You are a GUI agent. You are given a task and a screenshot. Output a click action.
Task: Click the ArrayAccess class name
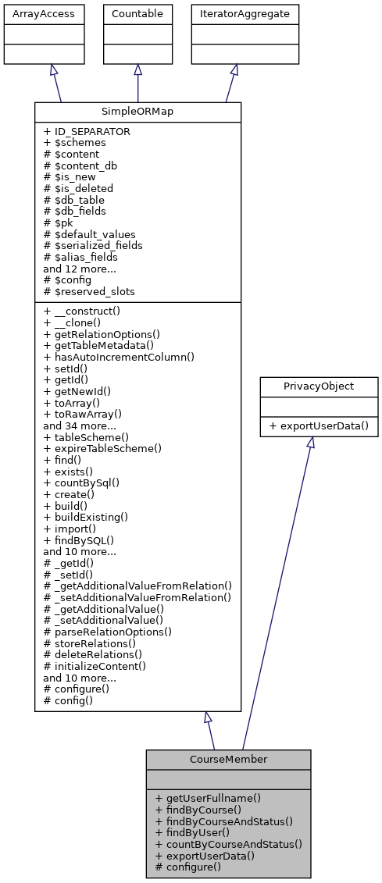34,14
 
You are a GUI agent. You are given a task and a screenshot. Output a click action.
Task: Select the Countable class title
137,14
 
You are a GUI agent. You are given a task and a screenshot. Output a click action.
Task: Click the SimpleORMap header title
137,112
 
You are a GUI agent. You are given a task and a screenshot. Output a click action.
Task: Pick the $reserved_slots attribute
89,291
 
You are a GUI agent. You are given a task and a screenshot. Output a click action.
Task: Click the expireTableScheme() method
102,448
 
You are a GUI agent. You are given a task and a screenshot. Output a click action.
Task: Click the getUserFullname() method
208,798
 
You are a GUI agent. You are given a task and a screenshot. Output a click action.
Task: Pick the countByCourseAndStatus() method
228,844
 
